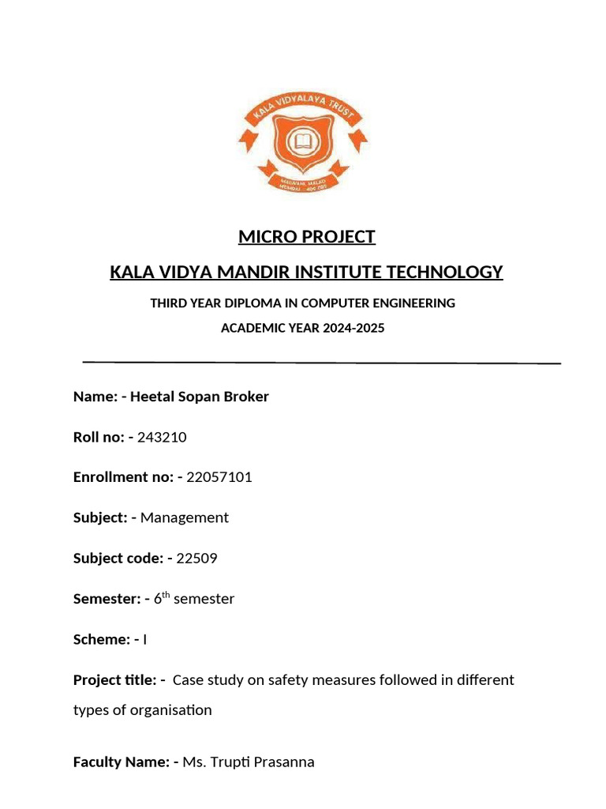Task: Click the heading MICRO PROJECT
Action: (307, 237)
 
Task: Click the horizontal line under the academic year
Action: (321, 362)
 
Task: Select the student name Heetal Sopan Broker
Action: (199, 397)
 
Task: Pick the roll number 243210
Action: (162, 437)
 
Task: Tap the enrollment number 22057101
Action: (219, 477)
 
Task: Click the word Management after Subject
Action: (185, 517)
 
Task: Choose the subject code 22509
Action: (196, 559)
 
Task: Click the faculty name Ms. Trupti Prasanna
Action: (249, 762)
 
